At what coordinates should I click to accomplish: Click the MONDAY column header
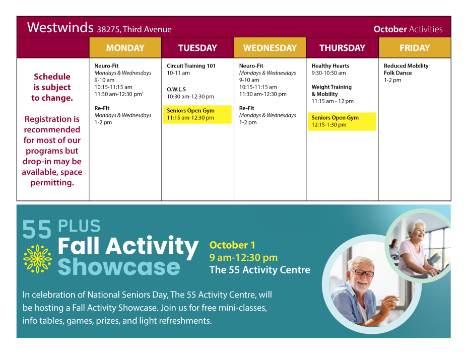[x=125, y=47]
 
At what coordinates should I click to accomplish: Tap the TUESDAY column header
[x=197, y=47]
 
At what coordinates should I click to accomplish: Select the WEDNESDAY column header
[x=270, y=47]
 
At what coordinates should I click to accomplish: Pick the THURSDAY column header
[x=343, y=47]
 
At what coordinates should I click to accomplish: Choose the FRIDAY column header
[x=415, y=47]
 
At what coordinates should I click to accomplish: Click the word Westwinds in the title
[x=60, y=27]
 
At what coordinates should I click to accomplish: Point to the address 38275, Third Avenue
[x=135, y=29]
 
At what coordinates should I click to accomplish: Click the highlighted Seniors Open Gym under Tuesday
[x=197, y=114]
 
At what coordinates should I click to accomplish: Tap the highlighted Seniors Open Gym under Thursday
[x=342, y=121]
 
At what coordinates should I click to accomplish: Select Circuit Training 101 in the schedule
[x=191, y=65]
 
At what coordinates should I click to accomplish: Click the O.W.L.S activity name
[x=176, y=89]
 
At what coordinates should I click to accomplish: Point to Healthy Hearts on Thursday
[x=330, y=65]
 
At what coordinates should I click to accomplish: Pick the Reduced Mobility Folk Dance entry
[x=406, y=69]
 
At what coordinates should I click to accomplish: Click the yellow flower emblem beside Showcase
[x=37, y=259]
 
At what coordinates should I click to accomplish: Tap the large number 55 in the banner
[x=37, y=229]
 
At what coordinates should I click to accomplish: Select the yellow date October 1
[x=232, y=245]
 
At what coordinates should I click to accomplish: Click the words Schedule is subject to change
[x=52, y=87]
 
